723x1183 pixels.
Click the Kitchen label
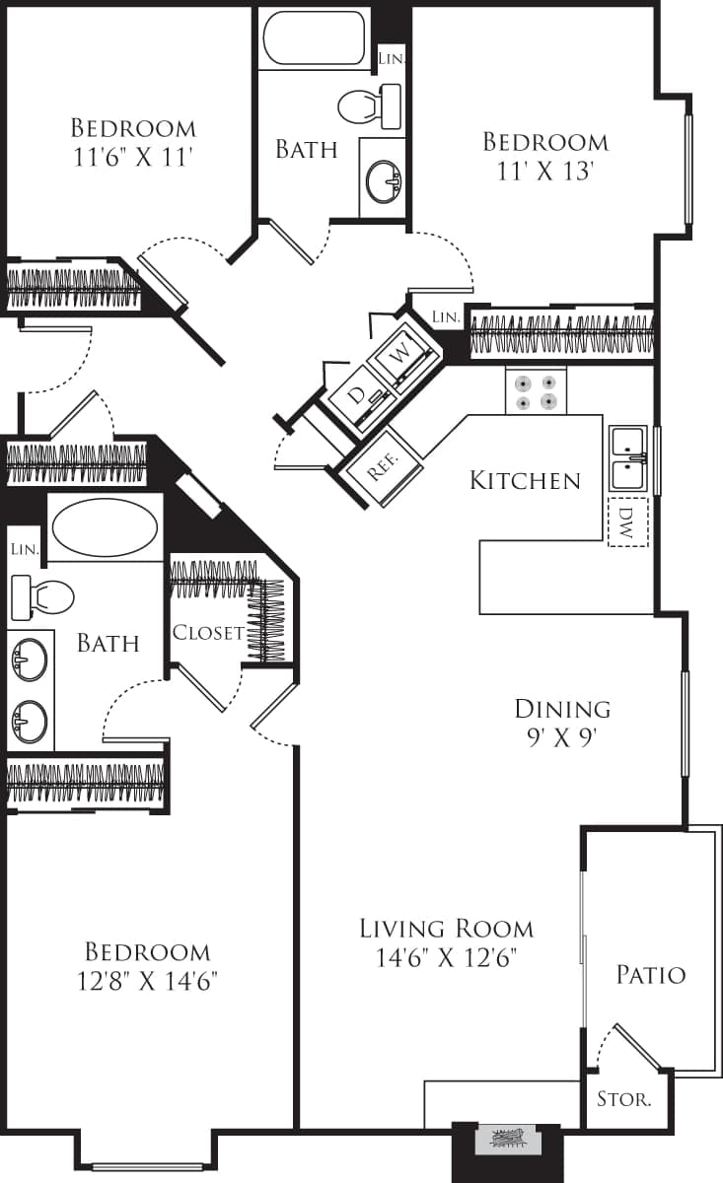click(x=525, y=481)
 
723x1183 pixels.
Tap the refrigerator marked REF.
click(x=382, y=467)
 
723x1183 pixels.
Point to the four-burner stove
click(x=537, y=391)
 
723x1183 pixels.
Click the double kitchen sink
click(x=628, y=458)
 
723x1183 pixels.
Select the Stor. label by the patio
click(x=624, y=1099)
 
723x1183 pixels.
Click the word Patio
click(x=650, y=975)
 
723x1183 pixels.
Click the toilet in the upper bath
click(x=370, y=104)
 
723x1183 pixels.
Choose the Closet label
click(x=207, y=633)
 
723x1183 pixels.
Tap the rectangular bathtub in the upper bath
click(x=315, y=38)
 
